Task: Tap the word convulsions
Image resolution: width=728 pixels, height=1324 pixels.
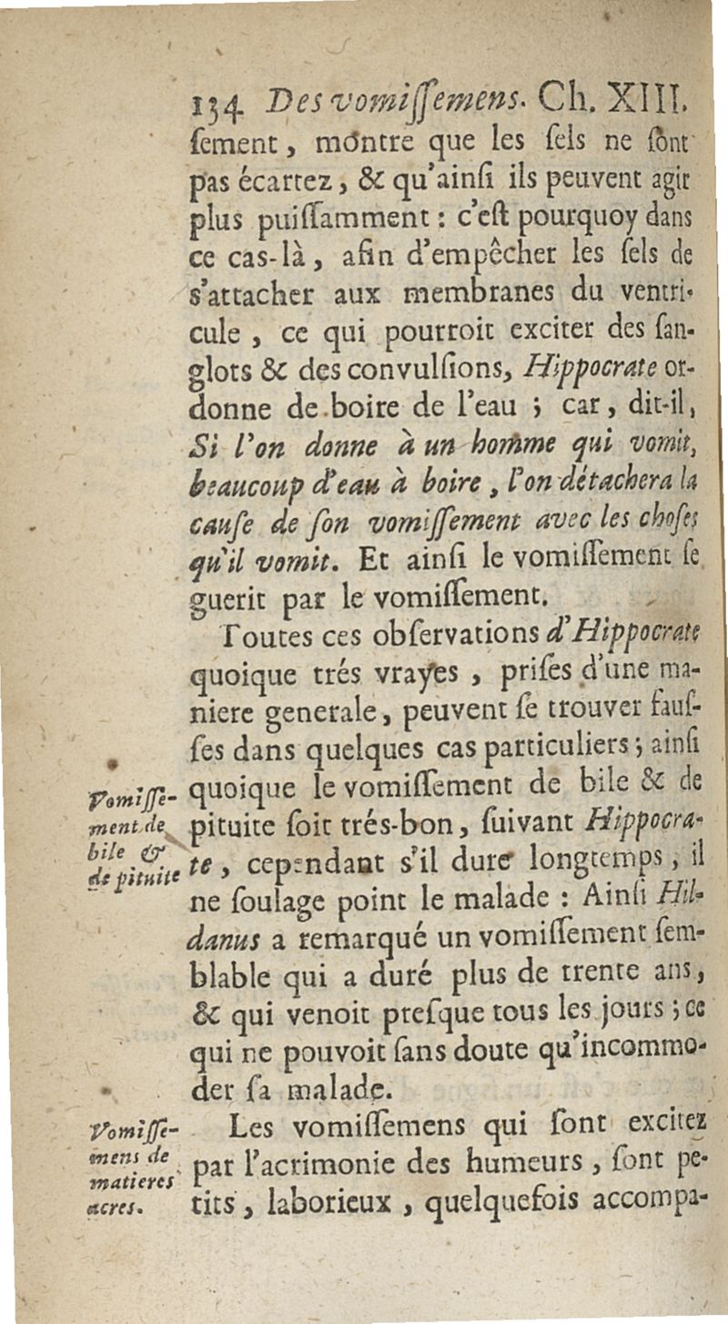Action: [x=386, y=377]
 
